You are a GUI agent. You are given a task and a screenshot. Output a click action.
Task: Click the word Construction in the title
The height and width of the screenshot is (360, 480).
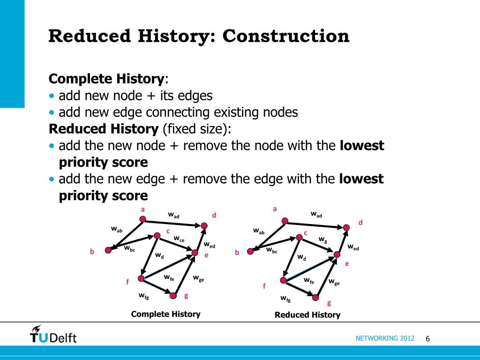click(x=285, y=36)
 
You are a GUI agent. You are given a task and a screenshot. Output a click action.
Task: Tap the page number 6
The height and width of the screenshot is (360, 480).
click(x=427, y=338)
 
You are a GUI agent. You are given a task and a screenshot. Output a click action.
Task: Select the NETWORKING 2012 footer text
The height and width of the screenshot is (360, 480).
click(x=385, y=338)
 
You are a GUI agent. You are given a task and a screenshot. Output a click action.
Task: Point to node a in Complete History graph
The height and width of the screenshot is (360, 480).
click(x=142, y=219)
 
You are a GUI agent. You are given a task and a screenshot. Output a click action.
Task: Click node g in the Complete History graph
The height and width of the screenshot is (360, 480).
click(x=173, y=296)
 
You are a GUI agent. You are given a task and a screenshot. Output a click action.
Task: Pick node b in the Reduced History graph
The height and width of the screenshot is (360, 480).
click(x=250, y=252)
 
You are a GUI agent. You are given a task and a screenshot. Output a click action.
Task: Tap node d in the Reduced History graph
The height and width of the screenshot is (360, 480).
click(x=346, y=227)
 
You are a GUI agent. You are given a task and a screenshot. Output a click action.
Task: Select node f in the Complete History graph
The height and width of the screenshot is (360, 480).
click(x=141, y=278)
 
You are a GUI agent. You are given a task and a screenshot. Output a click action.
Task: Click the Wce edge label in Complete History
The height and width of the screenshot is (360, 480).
click(x=179, y=239)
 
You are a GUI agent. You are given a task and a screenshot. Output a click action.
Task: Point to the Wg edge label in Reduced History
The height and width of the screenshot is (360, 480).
click(x=322, y=240)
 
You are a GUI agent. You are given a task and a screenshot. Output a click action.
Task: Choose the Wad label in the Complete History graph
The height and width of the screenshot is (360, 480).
click(x=173, y=215)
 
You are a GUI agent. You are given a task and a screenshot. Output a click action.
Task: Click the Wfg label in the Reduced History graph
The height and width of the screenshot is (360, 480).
click(x=285, y=299)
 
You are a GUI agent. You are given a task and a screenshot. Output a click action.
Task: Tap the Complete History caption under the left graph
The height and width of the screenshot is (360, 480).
click(x=165, y=314)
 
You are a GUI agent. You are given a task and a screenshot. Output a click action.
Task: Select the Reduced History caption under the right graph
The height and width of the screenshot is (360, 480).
click(x=307, y=315)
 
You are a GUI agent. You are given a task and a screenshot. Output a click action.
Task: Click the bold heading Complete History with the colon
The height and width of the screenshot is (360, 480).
click(x=108, y=79)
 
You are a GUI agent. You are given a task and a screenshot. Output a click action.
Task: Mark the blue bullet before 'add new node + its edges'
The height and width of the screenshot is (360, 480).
click(x=52, y=96)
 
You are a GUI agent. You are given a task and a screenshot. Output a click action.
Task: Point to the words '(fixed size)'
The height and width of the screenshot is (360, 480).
click(x=196, y=128)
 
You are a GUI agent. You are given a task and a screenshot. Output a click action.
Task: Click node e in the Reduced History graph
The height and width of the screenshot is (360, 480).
click(x=337, y=255)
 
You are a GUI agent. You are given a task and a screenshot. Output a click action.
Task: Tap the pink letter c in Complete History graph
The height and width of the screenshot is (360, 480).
click(x=168, y=232)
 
